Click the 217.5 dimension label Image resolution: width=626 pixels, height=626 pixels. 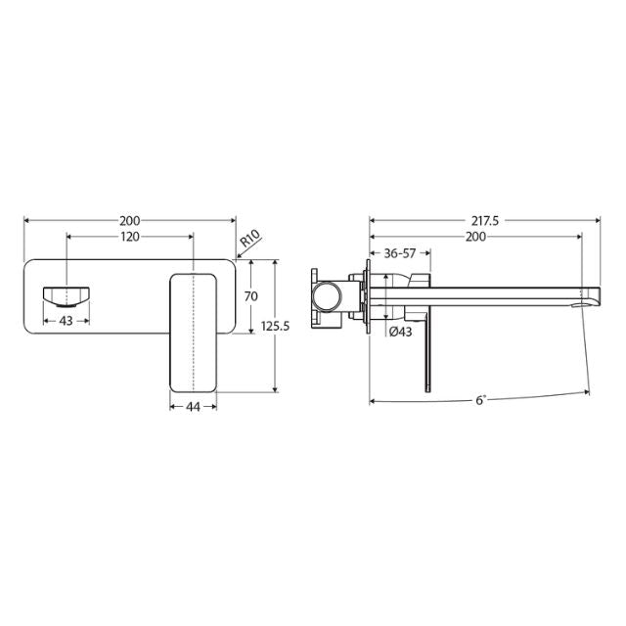[483, 221]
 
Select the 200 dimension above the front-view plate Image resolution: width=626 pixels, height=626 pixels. [129, 221]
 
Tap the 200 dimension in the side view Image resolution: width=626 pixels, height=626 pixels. [476, 238]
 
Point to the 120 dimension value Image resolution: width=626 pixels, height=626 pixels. [129, 238]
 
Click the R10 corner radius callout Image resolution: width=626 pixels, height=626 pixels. [248, 238]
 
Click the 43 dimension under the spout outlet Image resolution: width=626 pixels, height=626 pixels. [67, 320]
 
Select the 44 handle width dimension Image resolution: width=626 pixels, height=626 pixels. [193, 408]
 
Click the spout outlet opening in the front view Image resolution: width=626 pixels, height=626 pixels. [67, 293]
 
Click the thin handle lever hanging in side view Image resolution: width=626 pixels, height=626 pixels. [426, 357]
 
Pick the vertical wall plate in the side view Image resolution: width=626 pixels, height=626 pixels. [370, 293]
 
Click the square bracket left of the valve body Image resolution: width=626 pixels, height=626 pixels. [316, 293]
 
